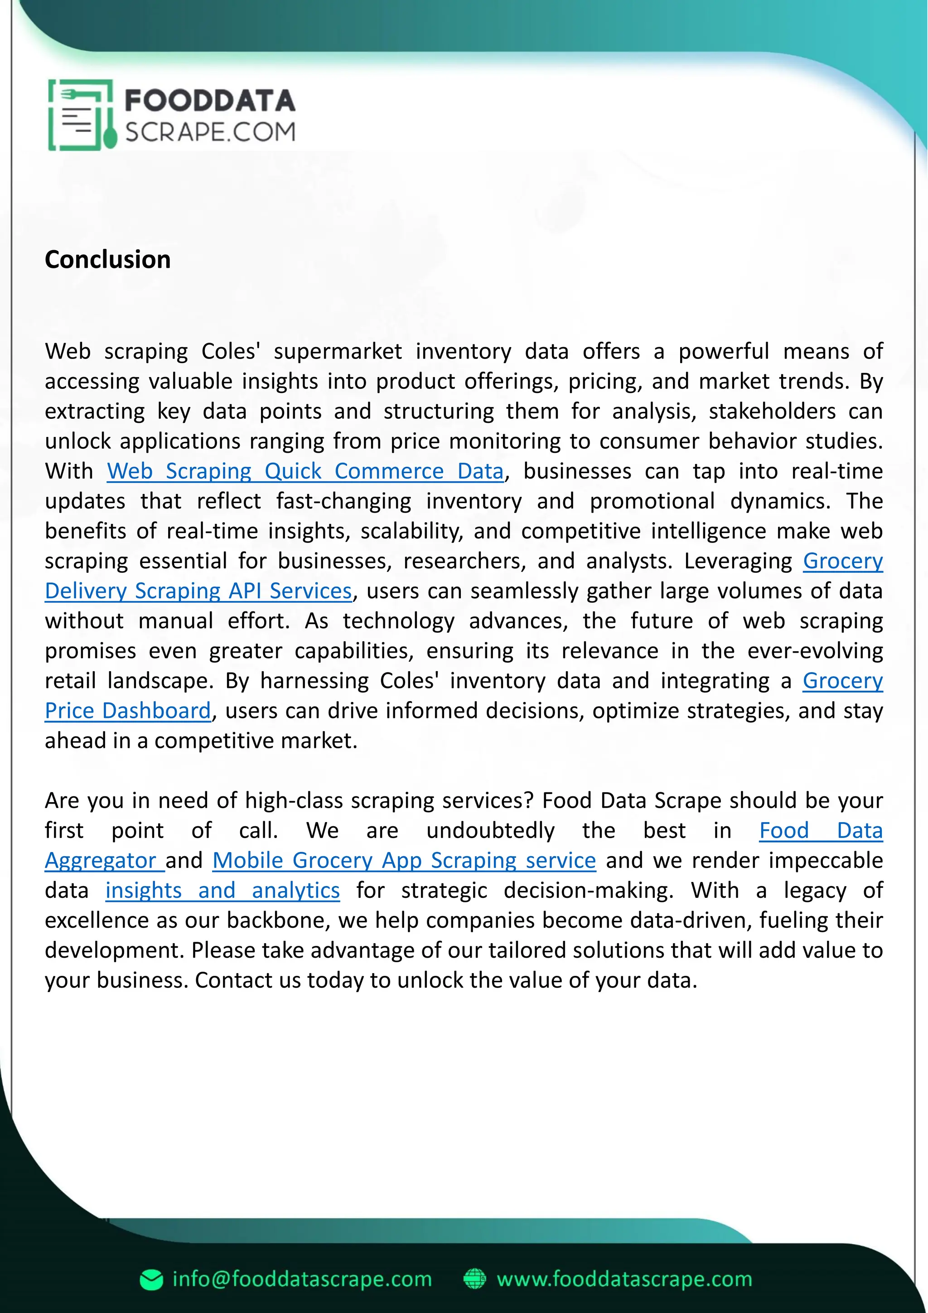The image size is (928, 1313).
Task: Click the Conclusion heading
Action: [107, 260]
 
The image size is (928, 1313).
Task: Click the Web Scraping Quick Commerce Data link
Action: [305, 471]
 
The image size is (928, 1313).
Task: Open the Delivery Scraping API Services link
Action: [198, 591]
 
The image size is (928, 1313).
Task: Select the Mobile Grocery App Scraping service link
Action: [404, 861]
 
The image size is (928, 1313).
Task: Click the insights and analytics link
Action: [222, 891]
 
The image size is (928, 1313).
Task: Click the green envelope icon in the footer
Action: [151, 1280]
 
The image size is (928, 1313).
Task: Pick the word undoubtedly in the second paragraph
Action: [490, 830]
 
